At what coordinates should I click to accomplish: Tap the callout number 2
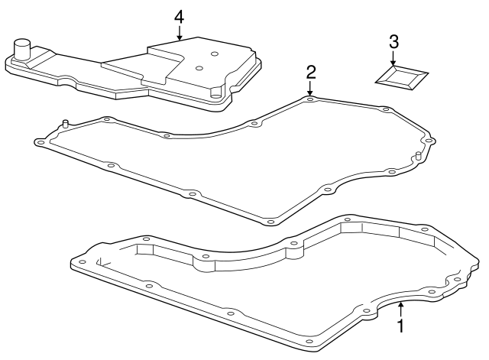310,72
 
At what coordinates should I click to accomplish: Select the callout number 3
393,41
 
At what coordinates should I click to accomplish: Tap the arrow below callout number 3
393,58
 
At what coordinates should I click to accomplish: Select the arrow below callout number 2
310,89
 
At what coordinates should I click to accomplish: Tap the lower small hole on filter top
198,68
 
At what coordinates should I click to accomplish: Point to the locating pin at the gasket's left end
66,123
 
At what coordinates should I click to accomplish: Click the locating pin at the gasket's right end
419,157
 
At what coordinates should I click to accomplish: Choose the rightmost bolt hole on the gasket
429,141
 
